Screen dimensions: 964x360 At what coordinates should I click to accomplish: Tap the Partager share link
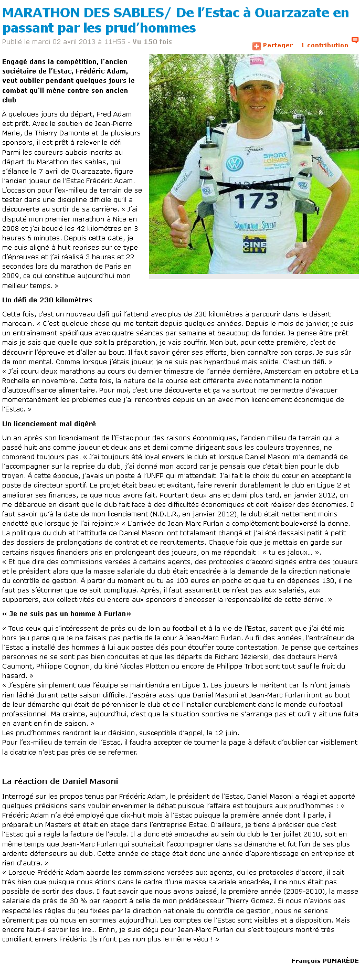(x=278, y=45)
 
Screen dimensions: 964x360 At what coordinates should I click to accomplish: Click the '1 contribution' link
(x=324, y=45)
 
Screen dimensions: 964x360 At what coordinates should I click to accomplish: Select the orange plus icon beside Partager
(x=257, y=46)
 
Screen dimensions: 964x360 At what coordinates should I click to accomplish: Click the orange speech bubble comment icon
(x=355, y=40)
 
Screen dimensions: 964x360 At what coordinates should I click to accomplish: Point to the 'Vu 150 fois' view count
(x=152, y=41)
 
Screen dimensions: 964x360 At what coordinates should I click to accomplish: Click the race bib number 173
(x=256, y=200)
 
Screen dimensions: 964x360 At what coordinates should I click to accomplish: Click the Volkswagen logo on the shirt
(x=234, y=163)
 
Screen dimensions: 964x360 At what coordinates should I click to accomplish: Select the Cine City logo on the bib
(x=255, y=243)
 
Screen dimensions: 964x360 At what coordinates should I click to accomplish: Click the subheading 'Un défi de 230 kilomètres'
(x=47, y=300)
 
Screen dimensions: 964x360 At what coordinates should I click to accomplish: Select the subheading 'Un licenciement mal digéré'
(x=49, y=423)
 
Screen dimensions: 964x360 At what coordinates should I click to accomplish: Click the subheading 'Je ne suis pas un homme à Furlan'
(x=67, y=613)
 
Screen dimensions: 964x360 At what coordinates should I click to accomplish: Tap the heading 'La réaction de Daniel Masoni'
(x=60, y=781)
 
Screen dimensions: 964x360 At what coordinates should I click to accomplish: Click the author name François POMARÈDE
(x=324, y=960)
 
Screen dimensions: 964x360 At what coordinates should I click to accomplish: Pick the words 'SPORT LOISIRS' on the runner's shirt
(x=276, y=158)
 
